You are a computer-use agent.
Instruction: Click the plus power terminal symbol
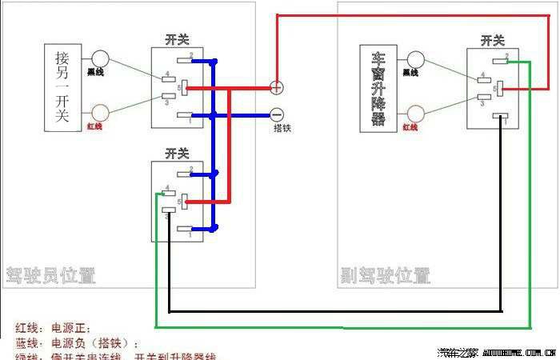[x=276, y=87]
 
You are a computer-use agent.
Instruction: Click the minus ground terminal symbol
[x=276, y=114]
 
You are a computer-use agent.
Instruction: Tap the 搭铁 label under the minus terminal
[x=281, y=128]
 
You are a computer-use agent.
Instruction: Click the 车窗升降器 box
[x=379, y=87]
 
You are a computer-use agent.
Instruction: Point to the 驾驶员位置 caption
[x=50, y=276]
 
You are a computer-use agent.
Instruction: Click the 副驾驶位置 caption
[x=385, y=276]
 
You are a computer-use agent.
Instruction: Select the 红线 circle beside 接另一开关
[x=101, y=113]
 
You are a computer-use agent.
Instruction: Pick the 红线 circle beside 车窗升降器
[x=416, y=113]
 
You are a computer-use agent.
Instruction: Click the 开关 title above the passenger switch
[x=493, y=39]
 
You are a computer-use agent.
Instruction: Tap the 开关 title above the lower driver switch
[x=177, y=152]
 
